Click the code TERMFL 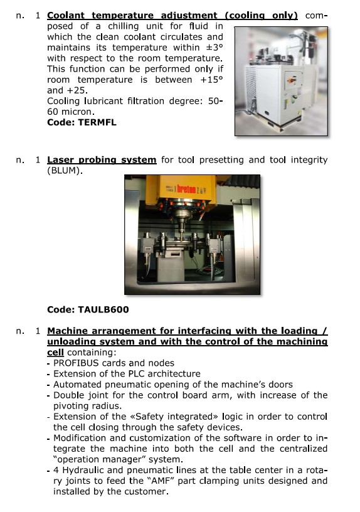tap(98, 122)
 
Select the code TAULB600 tap(103, 309)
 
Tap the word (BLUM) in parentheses tap(65, 171)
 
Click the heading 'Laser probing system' tap(102, 160)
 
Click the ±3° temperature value tap(214, 48)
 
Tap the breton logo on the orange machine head tap(186, 189)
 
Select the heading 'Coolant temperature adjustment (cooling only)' tap(172, 16)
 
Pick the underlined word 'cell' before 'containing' tap(55, 353)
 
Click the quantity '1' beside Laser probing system tap(38, 160)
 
